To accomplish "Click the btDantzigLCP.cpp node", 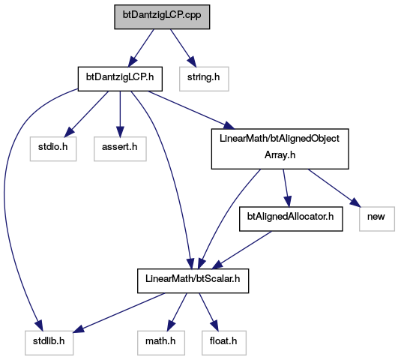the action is (162, 16).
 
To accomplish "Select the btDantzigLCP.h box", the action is (120, 79).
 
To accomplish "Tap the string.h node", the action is (204, 79).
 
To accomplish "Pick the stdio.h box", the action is (53, 149).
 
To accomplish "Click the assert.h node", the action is (120, 149).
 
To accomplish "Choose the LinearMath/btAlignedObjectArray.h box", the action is (280, 149).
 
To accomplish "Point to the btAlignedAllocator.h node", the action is (291, 219).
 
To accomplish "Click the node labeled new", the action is (377, 219).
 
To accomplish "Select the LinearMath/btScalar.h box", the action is (193, 280).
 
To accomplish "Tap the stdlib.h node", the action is (49, 343).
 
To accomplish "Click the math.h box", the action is (161, 343).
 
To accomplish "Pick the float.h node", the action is (224, 343).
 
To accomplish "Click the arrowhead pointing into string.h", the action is (192, 63).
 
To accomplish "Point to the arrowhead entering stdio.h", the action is (70, 132).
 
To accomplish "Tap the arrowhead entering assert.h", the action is (120, 132).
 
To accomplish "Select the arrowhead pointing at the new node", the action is (355, 202).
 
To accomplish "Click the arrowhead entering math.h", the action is (171, 326).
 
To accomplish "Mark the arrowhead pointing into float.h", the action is (214, 326).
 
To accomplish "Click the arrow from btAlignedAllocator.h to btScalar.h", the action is (242, 250).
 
